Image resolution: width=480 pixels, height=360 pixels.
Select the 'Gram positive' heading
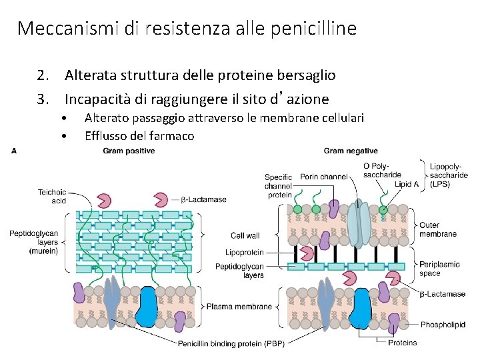click(129, 151)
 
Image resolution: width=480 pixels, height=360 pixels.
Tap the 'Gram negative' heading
click(351, 151)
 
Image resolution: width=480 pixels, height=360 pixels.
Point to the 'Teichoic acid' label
click(52, 196)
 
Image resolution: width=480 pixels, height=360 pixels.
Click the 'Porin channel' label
click(324, 177)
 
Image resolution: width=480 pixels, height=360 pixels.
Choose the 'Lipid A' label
click(407, 183)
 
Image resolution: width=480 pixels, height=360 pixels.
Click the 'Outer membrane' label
click(437, 230)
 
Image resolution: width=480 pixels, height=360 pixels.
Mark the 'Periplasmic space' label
click(439, 269)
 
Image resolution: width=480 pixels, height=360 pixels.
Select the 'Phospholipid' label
click(443, 325)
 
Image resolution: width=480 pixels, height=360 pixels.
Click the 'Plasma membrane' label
click(239, 307)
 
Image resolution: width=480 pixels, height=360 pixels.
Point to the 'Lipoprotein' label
click(245, 253)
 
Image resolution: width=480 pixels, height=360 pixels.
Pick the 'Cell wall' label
click(245, 235)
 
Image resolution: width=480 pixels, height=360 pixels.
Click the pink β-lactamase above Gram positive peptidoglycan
click(104, 200)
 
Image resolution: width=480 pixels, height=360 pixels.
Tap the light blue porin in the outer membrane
click(360, 223)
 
